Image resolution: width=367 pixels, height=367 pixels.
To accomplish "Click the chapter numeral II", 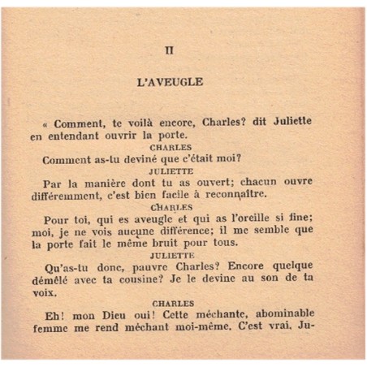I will (x=170, y=50).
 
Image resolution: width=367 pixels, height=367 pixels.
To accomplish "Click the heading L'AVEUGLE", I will (x=170, y=82).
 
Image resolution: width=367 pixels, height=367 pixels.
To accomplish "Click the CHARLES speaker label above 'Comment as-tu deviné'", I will (x=171, y=147).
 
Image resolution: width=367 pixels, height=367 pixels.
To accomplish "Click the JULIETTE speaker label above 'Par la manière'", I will (x=171, y=171).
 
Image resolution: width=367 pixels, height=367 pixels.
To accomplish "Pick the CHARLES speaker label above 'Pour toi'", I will (x=171, y=208).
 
